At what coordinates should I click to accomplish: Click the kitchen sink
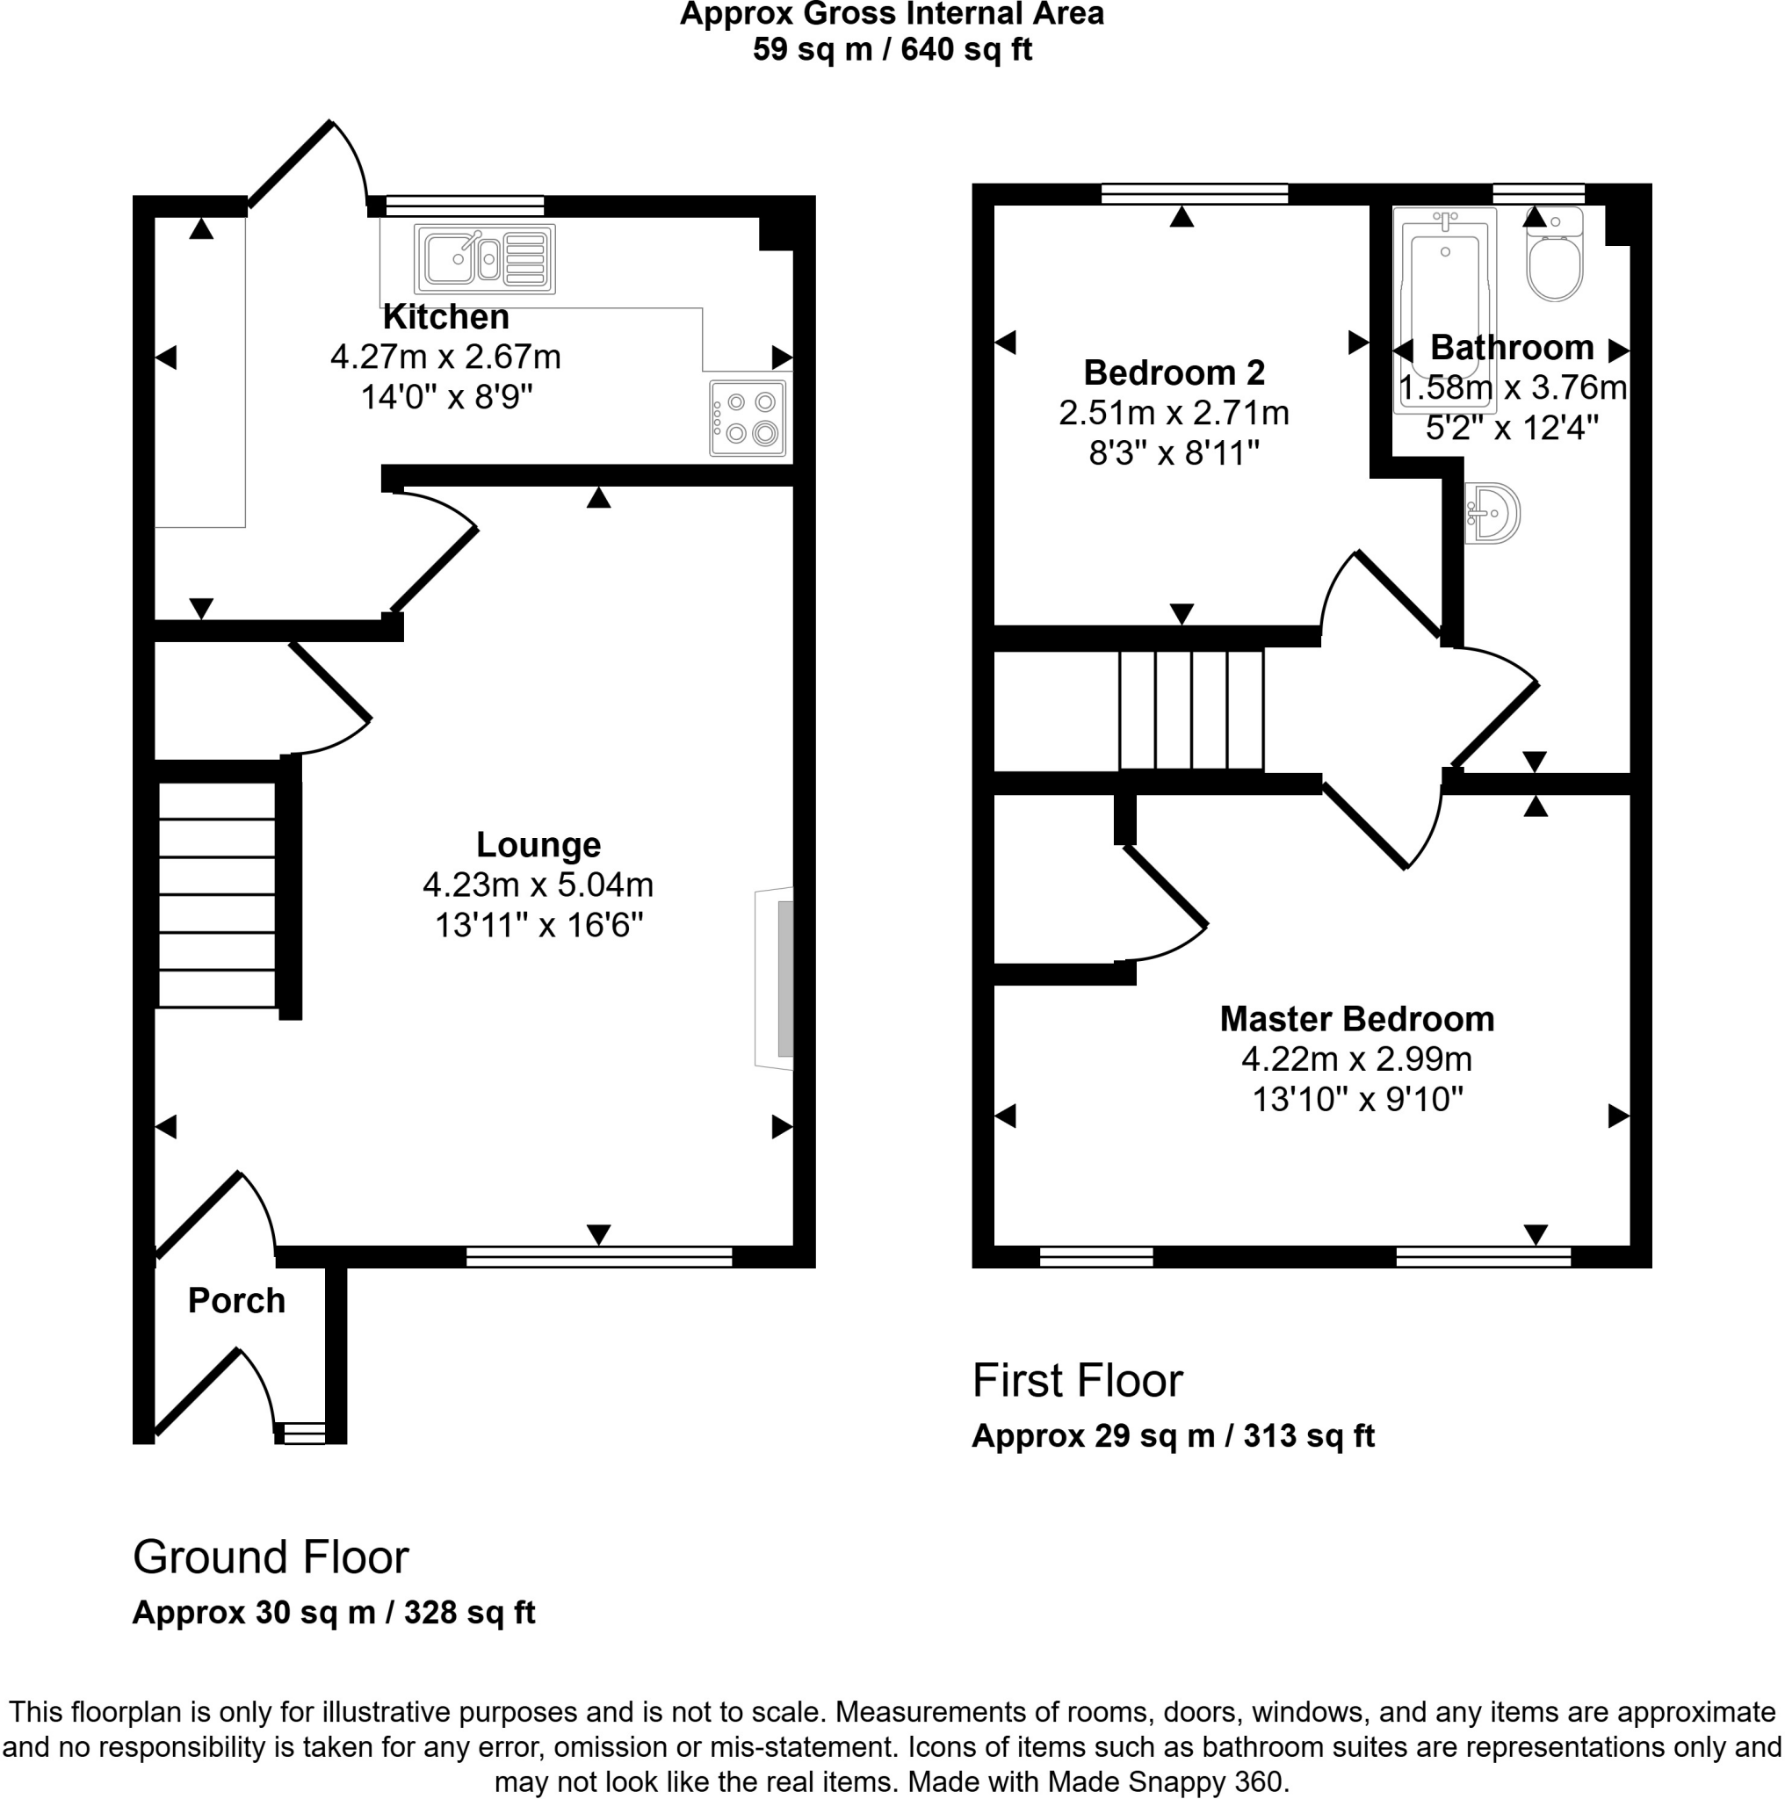[484, 258]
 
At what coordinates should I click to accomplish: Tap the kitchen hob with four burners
[747, 418]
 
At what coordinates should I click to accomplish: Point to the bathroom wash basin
[1492, 512]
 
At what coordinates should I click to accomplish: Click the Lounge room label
[538, 844]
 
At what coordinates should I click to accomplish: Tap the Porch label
[236, 1301]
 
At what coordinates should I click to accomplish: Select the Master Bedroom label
[1356, 1019]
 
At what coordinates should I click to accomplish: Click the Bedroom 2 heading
[1174, 372]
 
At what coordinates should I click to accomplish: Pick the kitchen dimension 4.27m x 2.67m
[445, 357]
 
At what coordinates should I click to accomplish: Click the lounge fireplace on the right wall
[776, 978]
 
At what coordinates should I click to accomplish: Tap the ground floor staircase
[217, 894]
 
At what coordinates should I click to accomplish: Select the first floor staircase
[1190, 711]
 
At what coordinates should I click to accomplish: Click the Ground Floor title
[270, 1557]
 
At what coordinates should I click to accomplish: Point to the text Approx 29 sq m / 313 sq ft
[1173, 1436]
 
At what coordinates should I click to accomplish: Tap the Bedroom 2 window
[1194, 193]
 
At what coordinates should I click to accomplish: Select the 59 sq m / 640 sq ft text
[891, 48]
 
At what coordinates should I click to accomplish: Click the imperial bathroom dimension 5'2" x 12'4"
[1512, 428]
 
